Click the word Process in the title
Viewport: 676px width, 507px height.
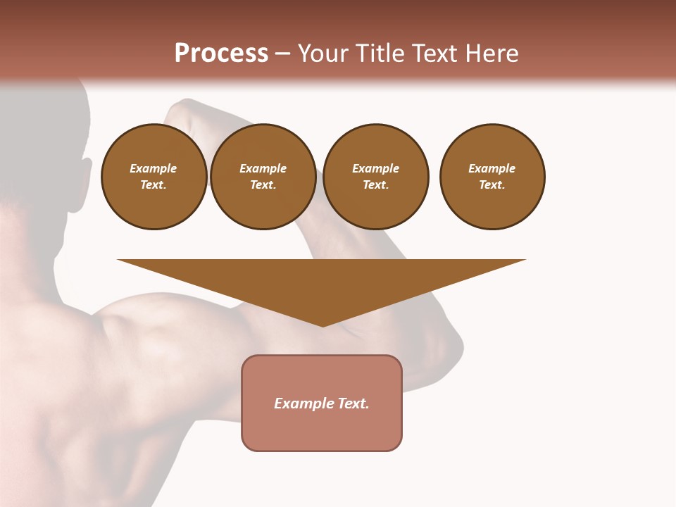tap(221, 54)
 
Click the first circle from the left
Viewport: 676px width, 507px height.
tap(154, 176)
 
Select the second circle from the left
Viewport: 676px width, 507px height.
tap(263, 176)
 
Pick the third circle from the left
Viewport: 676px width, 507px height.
tap(375, 176)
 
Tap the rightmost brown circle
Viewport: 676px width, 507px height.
tap(492, 176)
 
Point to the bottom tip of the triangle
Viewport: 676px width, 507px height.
tap(323, 325)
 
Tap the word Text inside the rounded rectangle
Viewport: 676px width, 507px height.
tap(353, 403)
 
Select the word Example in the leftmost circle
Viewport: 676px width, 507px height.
tap(154, 168)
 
